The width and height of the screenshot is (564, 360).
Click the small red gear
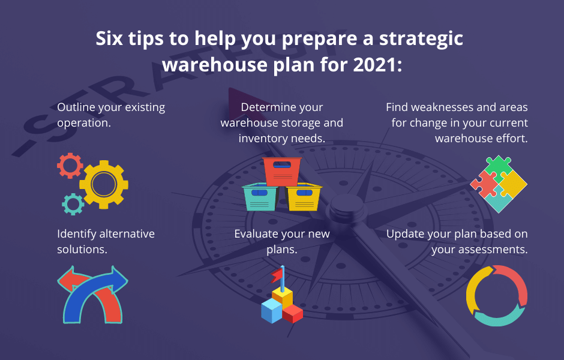coord(70,165)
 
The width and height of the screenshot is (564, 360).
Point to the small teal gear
coord(73,204)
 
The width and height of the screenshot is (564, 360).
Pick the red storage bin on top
coord(282,171)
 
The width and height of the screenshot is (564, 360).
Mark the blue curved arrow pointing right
coord(90,294)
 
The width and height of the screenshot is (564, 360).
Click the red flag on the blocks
coord(276,275)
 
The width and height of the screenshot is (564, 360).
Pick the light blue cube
coord(271,311)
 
